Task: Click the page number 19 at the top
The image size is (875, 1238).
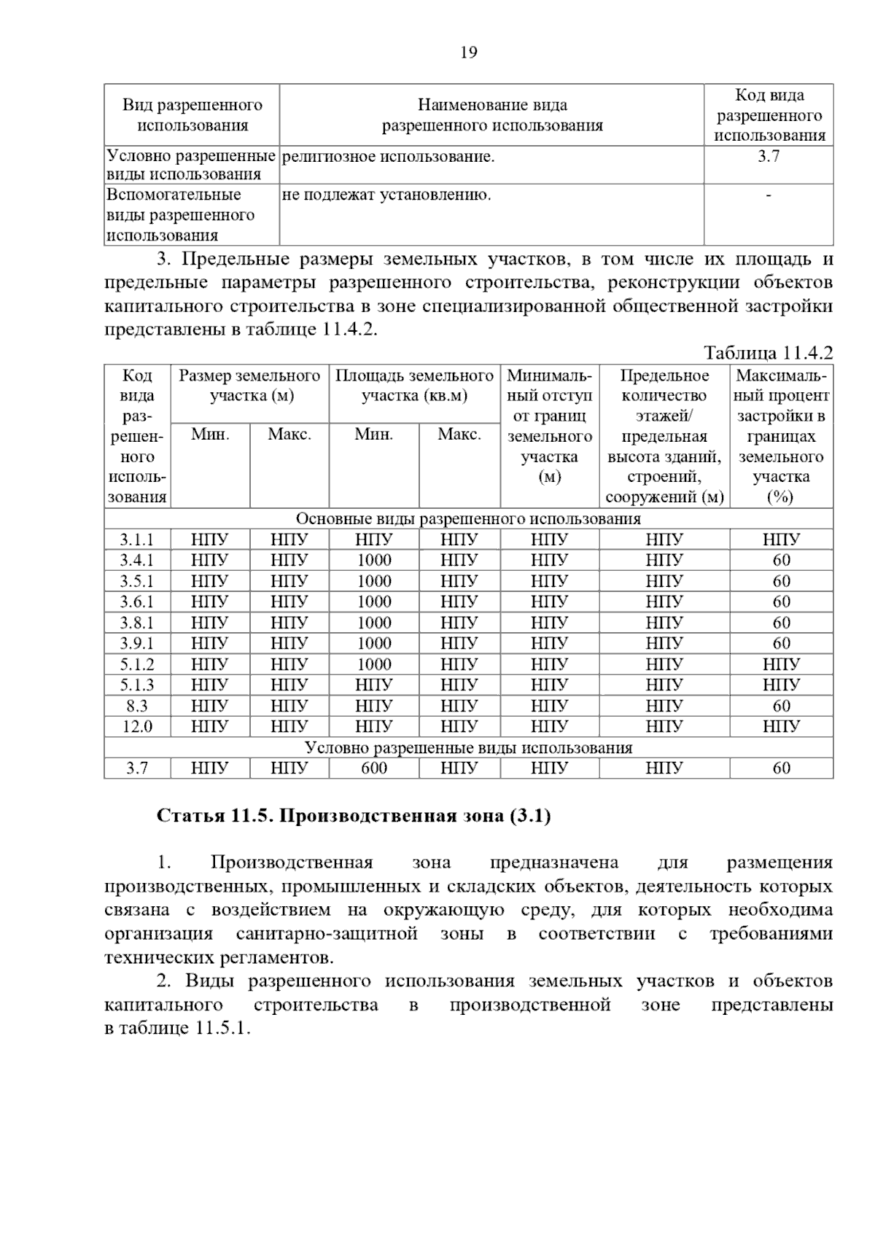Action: pos(469,52)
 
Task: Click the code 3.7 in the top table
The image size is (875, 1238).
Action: pos(769,156)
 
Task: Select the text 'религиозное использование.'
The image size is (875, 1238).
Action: pos(388,156)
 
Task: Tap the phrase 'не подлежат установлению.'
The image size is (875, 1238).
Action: pos(386,195)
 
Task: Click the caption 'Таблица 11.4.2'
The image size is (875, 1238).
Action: pos(768,353)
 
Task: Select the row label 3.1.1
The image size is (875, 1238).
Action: pos(137,540)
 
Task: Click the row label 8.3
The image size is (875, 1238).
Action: pos(137,706)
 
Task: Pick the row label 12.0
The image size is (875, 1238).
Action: pos(137,726)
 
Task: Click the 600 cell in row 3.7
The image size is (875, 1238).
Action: pos(374,768)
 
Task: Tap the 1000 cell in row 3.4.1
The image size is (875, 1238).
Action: pos(374,560)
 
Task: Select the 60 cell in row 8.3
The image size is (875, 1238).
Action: pos(781,706)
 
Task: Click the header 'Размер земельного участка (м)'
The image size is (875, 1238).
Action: pos(249,386)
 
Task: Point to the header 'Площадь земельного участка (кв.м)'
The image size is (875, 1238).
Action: pos(414,386)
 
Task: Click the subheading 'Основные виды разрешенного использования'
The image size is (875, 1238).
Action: pos(468,518)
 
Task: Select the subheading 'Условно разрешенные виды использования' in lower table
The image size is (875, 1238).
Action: pos(468,747)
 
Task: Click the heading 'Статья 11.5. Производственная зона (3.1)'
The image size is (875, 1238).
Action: pos(354,815)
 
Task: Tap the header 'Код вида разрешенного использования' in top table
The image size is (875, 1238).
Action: pos(769,114)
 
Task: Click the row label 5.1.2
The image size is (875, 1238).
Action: pos(137,664)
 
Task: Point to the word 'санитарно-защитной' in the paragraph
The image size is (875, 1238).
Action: pos(327,933)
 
